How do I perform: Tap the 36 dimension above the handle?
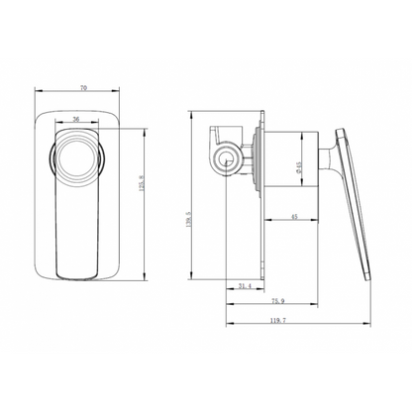pyautogui.click(x=77, y=120)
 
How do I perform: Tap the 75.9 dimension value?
pyautogui.click(x=278, y=302)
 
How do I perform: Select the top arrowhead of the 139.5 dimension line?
pyautogui.click(x=198, y=107)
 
